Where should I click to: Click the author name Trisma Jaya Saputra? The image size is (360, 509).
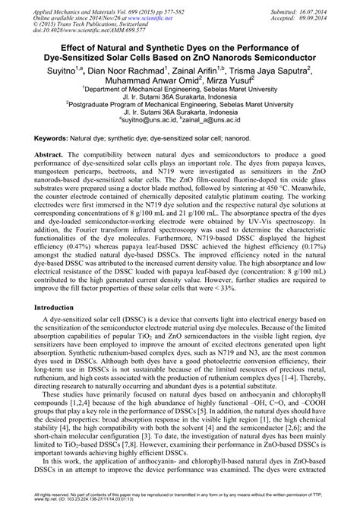click(x=254, y=71)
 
